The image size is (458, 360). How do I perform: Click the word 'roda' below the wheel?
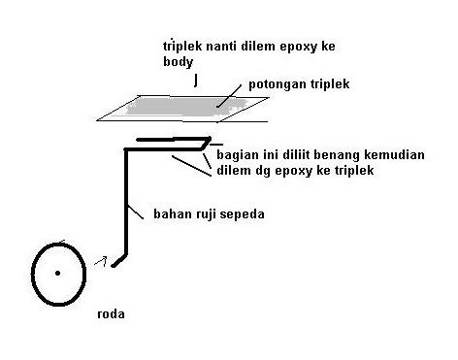pyautogui.click(x=112, y=314)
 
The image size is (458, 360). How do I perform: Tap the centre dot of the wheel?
pyautogui.click(x=58, y=273)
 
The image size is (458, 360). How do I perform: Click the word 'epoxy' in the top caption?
pyautogui.click(x=284, y=47)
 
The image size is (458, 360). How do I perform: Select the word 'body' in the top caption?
pyautogui.click(x=178, y=61)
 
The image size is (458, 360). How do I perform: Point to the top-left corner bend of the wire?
pyautogui.click(x=127, y=149)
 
